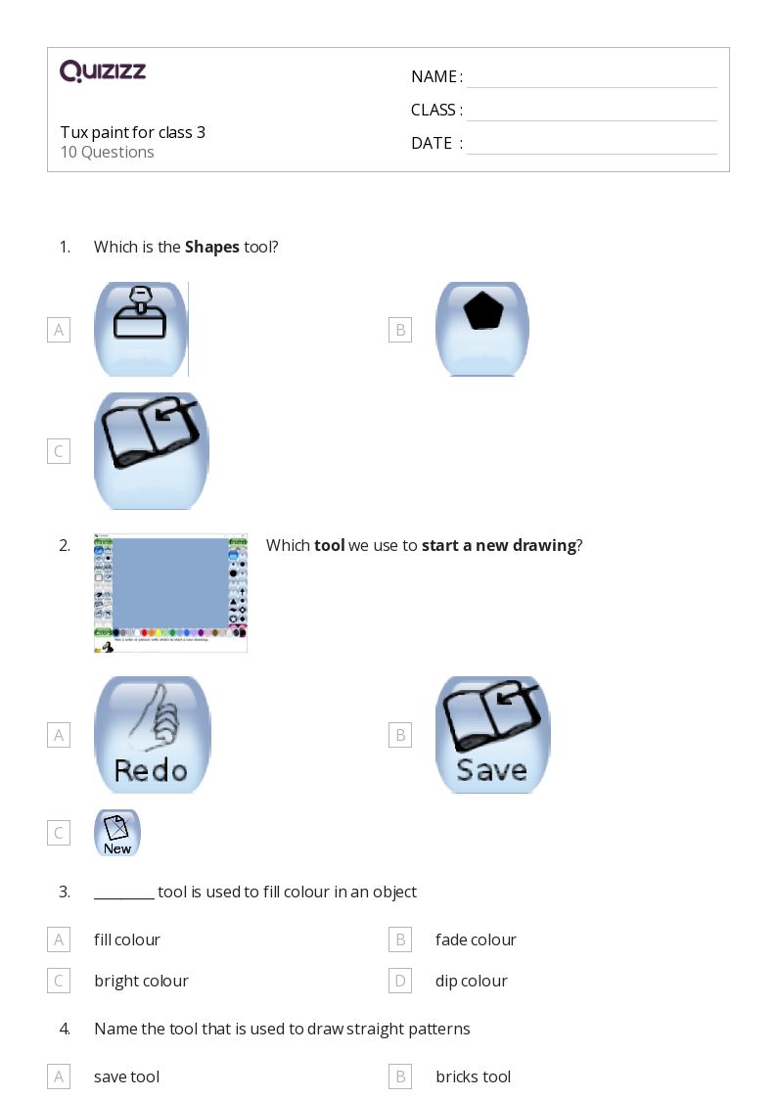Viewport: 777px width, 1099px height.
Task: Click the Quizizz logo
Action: tap(103, 71)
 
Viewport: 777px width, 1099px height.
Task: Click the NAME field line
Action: tap(591, 78)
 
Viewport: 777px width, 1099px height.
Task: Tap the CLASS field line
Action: tap(591, 112)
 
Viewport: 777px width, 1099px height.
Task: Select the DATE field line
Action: tap(591, 145)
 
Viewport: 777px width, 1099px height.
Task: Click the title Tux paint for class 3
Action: tap(132, 132)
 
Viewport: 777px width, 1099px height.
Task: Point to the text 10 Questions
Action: tap(107, 153)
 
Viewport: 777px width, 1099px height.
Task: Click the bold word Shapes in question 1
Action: tap(211, 248)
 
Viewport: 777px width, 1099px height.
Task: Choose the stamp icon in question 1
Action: tap(141, 329)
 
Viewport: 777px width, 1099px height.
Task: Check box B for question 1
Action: tap(399, 330)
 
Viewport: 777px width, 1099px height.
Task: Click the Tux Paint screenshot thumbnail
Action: tap(170, 593)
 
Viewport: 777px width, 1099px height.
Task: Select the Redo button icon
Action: tap(152, 734)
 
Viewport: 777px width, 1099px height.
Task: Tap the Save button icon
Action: tap(492, 734)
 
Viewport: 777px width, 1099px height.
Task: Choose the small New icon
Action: tap(117, 833)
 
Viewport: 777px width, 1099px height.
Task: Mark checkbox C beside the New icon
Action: tap(59, 833)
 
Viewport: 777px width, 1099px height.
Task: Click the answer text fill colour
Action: tap(127, 940)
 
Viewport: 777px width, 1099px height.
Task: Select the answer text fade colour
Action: tap(476, 940)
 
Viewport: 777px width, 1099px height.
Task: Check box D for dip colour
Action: tap(399, 981)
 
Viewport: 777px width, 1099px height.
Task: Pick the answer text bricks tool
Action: tap(473, 1077)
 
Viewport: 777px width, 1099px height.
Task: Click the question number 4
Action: tap(65, 1030)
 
